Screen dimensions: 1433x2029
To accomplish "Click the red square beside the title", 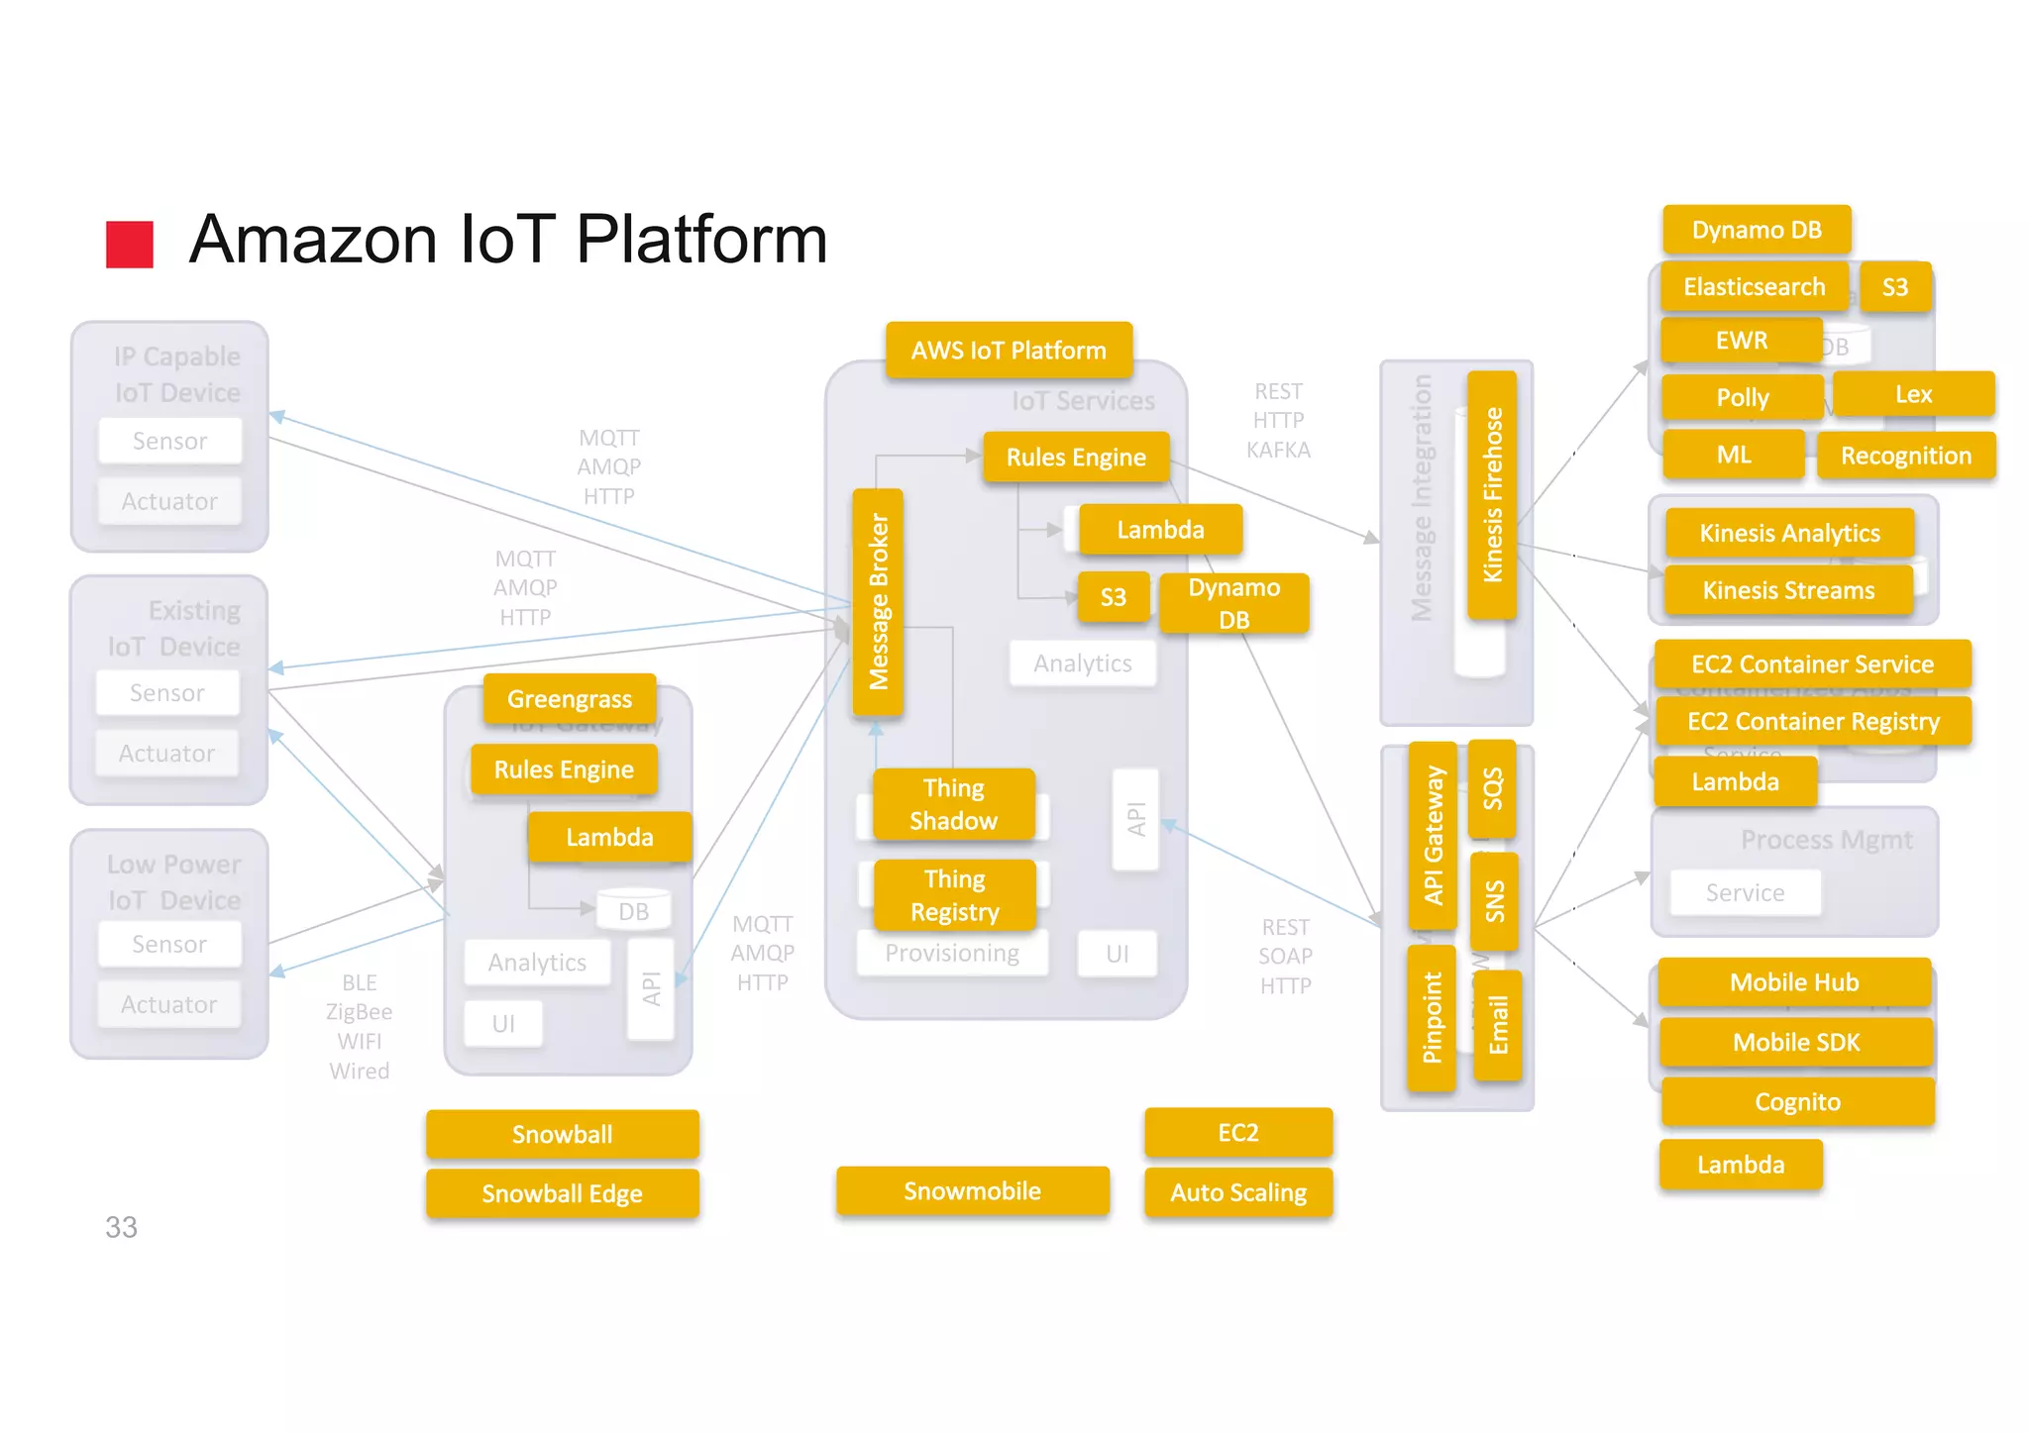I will pos(130,244).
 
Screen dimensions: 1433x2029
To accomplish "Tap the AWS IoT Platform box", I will pos(1009,351).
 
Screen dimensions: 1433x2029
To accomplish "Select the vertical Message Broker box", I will pos(878,602).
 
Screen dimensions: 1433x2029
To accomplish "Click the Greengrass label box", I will pos(570,699).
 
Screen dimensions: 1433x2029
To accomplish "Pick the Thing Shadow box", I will pos(953,804).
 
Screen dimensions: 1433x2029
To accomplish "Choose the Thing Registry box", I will pos(954,895).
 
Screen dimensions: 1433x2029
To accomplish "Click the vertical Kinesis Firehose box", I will pos(1492,495).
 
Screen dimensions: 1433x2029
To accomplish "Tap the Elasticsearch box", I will pos(1754,287).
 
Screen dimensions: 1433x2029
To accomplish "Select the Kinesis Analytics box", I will pos(1789,534).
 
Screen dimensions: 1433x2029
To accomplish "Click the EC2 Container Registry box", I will pos(1813,722).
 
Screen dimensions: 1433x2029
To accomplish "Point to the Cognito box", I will pos(1797,1102).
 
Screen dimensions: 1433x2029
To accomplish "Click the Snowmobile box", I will pos(972,1191).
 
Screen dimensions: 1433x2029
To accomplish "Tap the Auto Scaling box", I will pos(1238,1193).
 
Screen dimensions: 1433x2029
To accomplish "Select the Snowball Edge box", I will pos(562,1194).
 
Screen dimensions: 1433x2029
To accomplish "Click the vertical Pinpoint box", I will pos(1432,1018).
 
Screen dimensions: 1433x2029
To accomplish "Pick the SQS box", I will pos(1492,789).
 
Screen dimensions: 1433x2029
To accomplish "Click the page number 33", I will pos(121,1228).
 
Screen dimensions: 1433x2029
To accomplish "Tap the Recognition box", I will pos(1905,457).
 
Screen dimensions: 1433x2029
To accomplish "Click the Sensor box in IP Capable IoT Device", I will pos(170,442).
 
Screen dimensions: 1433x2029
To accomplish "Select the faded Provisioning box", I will pos(952,954).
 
